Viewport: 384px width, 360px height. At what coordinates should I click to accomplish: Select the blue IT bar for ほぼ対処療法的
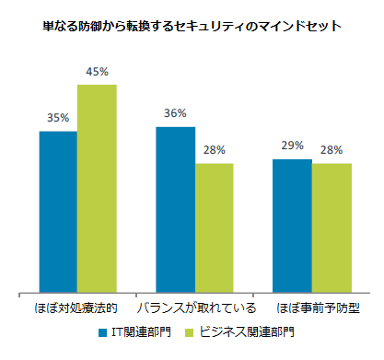pos(58,212)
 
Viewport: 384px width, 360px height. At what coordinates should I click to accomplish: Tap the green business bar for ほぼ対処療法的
pos(97,189)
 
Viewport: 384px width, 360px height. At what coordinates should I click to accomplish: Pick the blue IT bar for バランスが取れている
pos(175,210)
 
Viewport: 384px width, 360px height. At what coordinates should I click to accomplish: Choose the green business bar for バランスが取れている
pos(214,228)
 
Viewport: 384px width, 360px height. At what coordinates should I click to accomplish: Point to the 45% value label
pos(97,72)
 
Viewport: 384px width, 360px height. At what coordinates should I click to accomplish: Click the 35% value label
pos(58,118)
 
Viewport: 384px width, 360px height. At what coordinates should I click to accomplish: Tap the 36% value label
pos(175,113)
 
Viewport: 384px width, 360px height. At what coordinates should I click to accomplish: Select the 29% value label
pos(292,145)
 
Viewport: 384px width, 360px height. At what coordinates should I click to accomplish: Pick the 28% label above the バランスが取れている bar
pos(214,150)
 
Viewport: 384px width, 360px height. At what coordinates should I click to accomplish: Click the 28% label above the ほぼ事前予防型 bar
pos(332,150)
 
